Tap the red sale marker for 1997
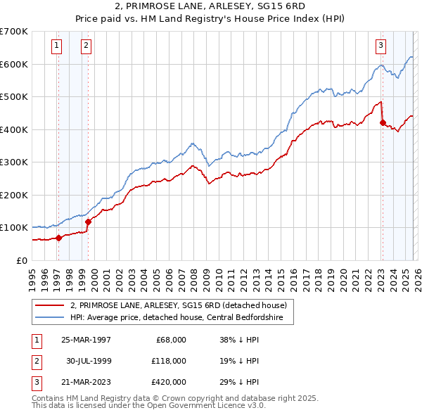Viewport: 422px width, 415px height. click(59, 238)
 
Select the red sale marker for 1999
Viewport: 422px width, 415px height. click(89, 222)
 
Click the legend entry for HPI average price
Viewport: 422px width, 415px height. click(176, 318)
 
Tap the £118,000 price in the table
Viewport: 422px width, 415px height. click(169, 361)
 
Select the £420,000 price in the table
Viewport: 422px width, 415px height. click(169, 382)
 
